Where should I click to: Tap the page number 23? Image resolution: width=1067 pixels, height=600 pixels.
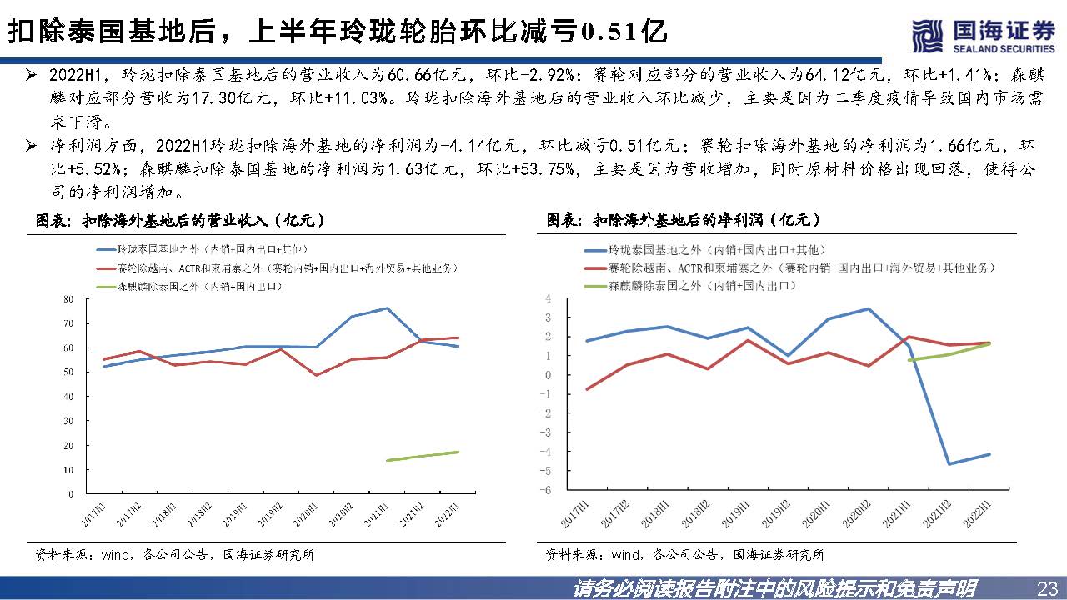(x=1044, y=588)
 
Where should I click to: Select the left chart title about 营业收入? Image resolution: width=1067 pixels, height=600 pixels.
(x=179, y=221)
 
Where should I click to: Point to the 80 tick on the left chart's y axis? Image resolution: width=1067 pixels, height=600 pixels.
(x=68, y=298)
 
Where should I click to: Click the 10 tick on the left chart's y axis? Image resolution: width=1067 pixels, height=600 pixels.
(x=68, y=470)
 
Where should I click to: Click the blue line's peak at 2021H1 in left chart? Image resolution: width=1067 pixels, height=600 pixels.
(x=387, y=308)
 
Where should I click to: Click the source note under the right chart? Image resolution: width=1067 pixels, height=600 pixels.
(x=684, y=554)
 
